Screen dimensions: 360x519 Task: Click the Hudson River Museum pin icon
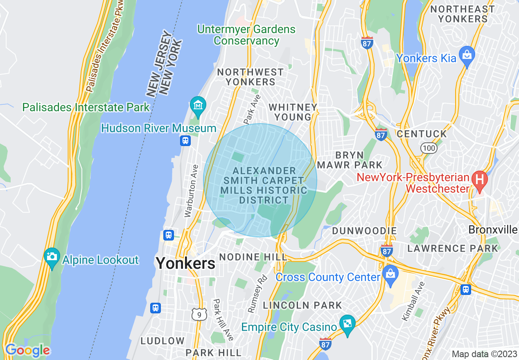[x=198, y=106]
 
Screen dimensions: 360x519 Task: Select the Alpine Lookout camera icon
[x=52, y=257]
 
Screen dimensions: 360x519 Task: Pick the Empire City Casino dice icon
[x=347, y=323]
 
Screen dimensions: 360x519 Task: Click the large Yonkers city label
[x=185, y=263]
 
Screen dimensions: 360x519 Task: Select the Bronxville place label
[x=493, y=229]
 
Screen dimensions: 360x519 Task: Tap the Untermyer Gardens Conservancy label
[x=246, y=35]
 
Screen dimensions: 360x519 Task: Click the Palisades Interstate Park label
[x=86, y=108]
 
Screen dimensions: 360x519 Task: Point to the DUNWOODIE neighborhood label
[x=364, y=231]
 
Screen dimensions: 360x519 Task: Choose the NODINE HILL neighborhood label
[x=253, y=257]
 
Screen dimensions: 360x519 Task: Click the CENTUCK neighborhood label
[x=422, y=134]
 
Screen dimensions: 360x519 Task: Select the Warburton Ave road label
[x=191, y=190]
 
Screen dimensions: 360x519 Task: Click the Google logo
[x=27, y=350]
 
